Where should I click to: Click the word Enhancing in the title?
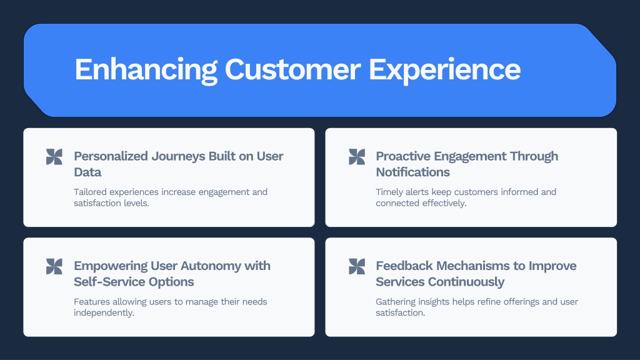point(146,70)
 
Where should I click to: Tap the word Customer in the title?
point(292,69)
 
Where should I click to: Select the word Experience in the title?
point(444,70)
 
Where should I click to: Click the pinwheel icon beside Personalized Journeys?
point(54,157)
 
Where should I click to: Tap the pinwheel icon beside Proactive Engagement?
point(357,157)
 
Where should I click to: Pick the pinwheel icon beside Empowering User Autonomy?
point(54,266)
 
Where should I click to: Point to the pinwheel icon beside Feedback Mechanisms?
point(357,266)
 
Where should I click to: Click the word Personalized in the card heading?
point(111,156)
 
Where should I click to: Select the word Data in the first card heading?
point(87,172)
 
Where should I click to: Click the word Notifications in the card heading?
point(412,172)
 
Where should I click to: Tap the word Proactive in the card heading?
point(402,156)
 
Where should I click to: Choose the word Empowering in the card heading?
point(111,266)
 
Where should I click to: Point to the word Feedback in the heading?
point(404,266)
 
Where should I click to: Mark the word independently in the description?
point(104,313)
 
